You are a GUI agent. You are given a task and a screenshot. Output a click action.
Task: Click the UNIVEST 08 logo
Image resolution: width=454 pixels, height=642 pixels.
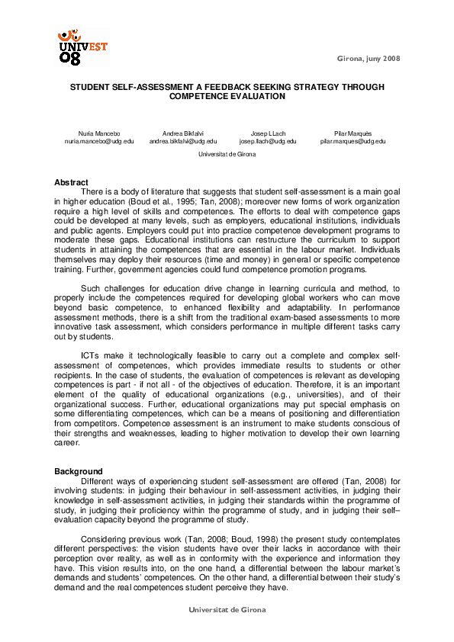click(x=82, y=47)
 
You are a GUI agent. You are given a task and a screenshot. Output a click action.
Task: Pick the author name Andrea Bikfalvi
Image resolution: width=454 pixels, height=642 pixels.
click(x=183, y=133)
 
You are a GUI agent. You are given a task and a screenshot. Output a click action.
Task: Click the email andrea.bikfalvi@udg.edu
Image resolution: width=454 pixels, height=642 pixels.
click(x=183, y=141)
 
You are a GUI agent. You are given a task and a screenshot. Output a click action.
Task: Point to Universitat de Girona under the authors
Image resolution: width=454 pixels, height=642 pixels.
click(x=227, y=154)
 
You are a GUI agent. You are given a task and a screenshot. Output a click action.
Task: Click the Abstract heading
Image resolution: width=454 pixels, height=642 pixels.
click(x=71, y=181)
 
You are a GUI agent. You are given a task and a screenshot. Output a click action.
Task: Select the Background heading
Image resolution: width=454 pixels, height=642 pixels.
click(x=78, y=471)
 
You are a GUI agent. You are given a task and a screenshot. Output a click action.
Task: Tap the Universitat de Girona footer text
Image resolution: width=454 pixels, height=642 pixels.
click(x=227, y=611)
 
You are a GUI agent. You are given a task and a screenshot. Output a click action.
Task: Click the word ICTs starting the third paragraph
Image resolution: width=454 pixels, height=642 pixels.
click(x=90, y=355)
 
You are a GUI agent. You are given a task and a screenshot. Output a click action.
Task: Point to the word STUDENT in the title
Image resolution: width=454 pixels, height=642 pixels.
click(x=92, y=88)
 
